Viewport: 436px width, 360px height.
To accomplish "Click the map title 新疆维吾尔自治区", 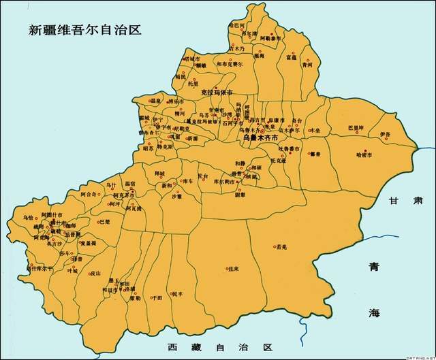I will pyautogui.click(x=84, y=30).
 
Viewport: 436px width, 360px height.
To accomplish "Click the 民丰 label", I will pyautogui.click(x=176, y=293).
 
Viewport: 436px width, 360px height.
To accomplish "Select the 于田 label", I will pyautogui.click(x=157, y=297).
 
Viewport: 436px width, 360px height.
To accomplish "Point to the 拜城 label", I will pyautogui.click(x=160, y=174).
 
